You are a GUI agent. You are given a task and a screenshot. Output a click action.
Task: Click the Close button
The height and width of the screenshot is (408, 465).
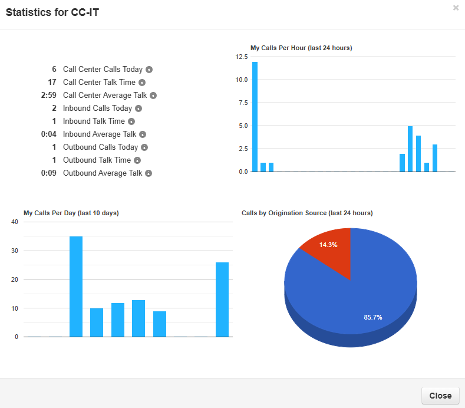440,396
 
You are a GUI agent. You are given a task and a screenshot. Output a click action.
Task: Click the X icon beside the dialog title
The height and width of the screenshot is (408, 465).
456,8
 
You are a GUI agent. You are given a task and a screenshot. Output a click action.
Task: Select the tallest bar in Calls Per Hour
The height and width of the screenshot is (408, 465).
255,117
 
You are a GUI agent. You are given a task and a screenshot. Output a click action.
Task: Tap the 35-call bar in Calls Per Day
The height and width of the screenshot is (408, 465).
76,287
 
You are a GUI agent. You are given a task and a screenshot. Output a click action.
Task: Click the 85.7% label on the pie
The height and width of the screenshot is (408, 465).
373,317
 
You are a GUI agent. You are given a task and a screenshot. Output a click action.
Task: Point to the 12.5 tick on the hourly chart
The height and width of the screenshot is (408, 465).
241,57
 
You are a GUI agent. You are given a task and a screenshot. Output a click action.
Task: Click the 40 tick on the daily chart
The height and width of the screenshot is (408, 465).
15,222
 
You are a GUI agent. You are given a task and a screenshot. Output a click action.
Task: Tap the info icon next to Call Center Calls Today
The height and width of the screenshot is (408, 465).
149,70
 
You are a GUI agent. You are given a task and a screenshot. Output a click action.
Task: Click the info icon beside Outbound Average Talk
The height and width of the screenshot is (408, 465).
149,173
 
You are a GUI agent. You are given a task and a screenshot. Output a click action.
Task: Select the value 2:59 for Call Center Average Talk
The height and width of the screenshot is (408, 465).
49,96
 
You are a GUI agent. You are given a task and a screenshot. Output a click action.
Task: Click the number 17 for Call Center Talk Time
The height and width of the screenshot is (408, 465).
52,83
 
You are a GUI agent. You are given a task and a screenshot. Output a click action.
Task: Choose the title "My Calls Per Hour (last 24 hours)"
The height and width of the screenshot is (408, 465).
301,48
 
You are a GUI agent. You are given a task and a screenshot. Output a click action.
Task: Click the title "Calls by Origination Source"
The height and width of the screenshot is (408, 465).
307,213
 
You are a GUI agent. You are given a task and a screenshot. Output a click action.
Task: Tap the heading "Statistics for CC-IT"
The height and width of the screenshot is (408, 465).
52,12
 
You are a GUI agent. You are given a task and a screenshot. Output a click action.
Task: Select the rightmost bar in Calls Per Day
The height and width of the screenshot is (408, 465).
222,300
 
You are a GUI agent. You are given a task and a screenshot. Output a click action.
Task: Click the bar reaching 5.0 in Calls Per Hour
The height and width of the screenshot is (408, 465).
410,149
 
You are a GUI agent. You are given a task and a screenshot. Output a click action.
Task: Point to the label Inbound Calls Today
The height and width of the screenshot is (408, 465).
97,108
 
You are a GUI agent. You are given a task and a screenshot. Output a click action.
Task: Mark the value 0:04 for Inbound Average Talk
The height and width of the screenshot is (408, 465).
49,134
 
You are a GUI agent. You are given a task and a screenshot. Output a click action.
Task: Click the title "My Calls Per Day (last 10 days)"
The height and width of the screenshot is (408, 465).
71,213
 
